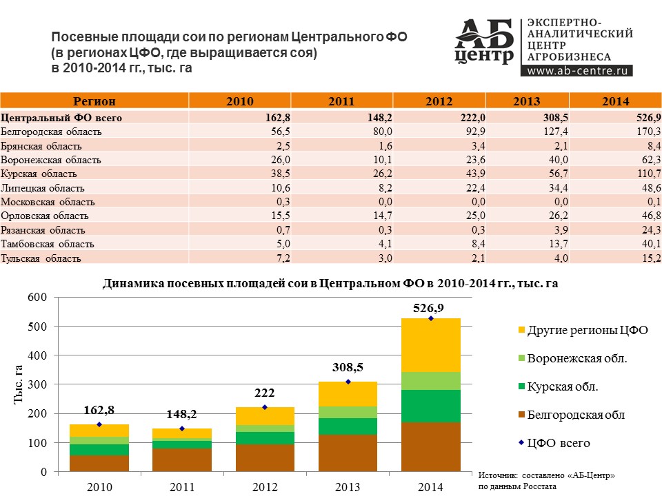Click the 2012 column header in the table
point(439,101)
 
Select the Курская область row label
point(41,174)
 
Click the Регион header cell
point(94,101)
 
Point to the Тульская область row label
point(41,258)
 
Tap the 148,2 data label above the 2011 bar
point(182,415)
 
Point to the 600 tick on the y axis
point(38,297)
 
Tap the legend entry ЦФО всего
point(558,443)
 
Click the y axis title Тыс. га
point(19,384)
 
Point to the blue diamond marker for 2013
point(348,382)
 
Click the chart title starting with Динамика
point(330,283)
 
